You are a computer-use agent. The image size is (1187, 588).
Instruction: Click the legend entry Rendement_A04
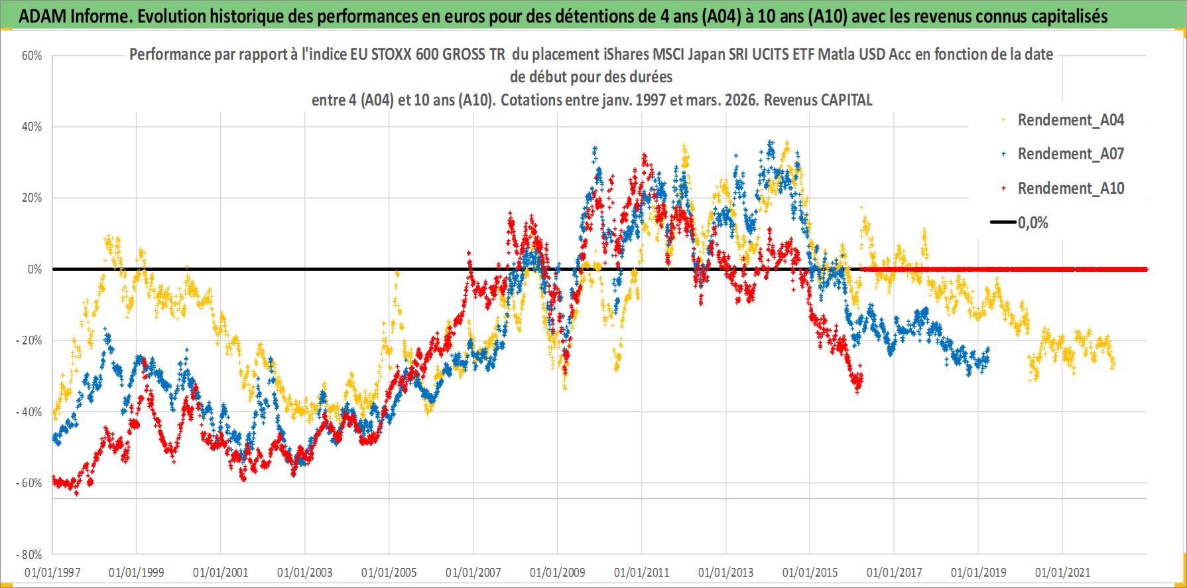[1070, 120]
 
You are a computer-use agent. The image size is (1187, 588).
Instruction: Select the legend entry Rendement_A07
[1070, 154]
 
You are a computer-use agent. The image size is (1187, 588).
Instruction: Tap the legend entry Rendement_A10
[1070, 188]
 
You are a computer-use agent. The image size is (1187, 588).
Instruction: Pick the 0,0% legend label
[1033, 223]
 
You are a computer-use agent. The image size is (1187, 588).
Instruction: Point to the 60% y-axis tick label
[32, 56]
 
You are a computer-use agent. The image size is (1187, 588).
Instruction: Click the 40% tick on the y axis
[32, 127]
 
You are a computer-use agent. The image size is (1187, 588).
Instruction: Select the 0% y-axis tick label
[34, 269]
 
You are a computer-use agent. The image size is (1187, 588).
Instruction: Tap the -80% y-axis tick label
[29, 555]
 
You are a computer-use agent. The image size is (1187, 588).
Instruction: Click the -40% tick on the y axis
[29, 412]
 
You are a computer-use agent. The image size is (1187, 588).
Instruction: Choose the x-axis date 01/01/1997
[52, 573]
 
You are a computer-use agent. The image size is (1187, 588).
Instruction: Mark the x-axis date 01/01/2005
[389, 573]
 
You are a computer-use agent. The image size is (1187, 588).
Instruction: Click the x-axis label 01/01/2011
[641, 573]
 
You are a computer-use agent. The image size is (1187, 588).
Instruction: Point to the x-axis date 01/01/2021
[1062, 573]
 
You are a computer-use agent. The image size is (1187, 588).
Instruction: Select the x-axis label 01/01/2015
[810, 573]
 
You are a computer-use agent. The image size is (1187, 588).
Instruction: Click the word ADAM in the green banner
[42, 17]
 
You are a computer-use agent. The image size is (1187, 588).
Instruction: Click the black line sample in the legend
[1003, 222]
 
